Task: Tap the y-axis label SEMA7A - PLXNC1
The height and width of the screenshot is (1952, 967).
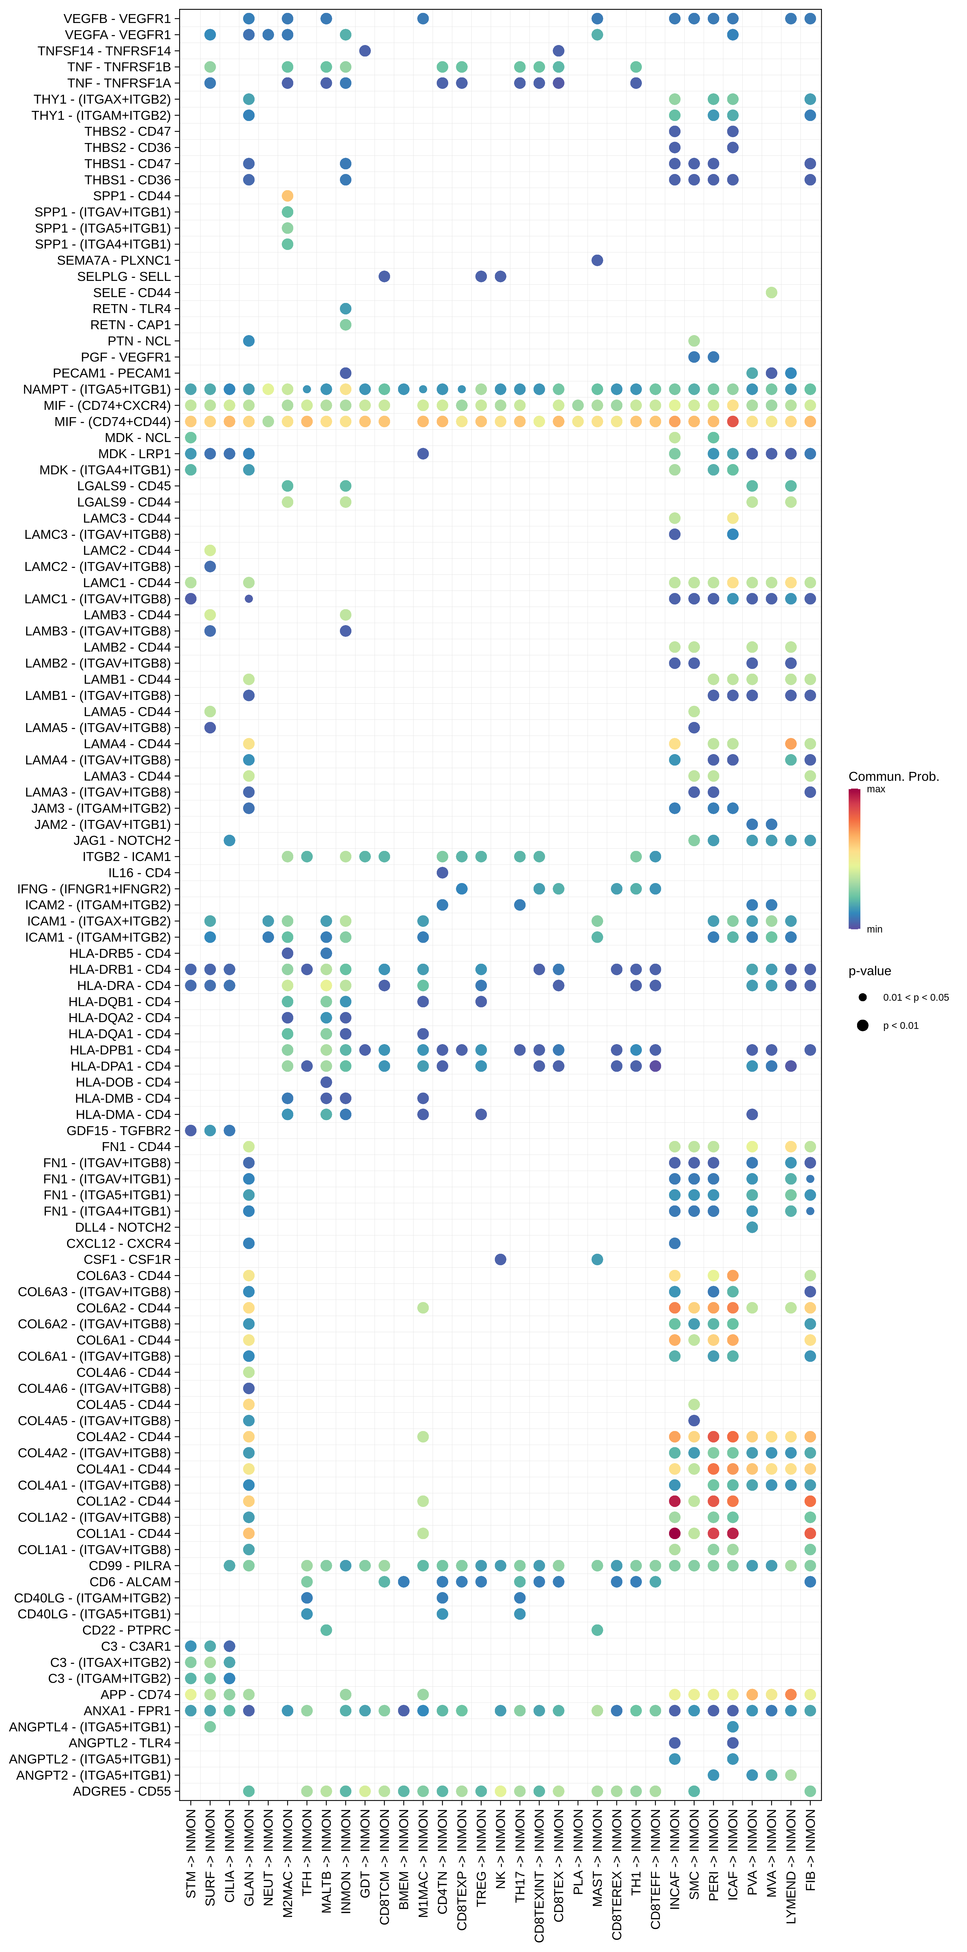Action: click(x=114, y=260)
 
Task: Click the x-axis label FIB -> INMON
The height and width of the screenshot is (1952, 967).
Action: click(x=810, y=1849)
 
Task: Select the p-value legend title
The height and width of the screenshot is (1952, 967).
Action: click(x=869, y=971)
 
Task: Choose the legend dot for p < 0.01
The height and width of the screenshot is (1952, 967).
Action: click(x=862, y=1025)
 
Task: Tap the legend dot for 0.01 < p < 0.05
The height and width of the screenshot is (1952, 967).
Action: click(x=862, y=997)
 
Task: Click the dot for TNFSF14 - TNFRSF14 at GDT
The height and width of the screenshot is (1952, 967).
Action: click(x=365, y=51)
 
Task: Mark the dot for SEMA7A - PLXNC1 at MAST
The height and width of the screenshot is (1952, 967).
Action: click(x=597, y=260)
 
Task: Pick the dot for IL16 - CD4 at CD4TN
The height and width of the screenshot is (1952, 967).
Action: click(x=443, y=872)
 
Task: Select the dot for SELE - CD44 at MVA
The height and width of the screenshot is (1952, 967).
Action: click(x=771, y=292)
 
